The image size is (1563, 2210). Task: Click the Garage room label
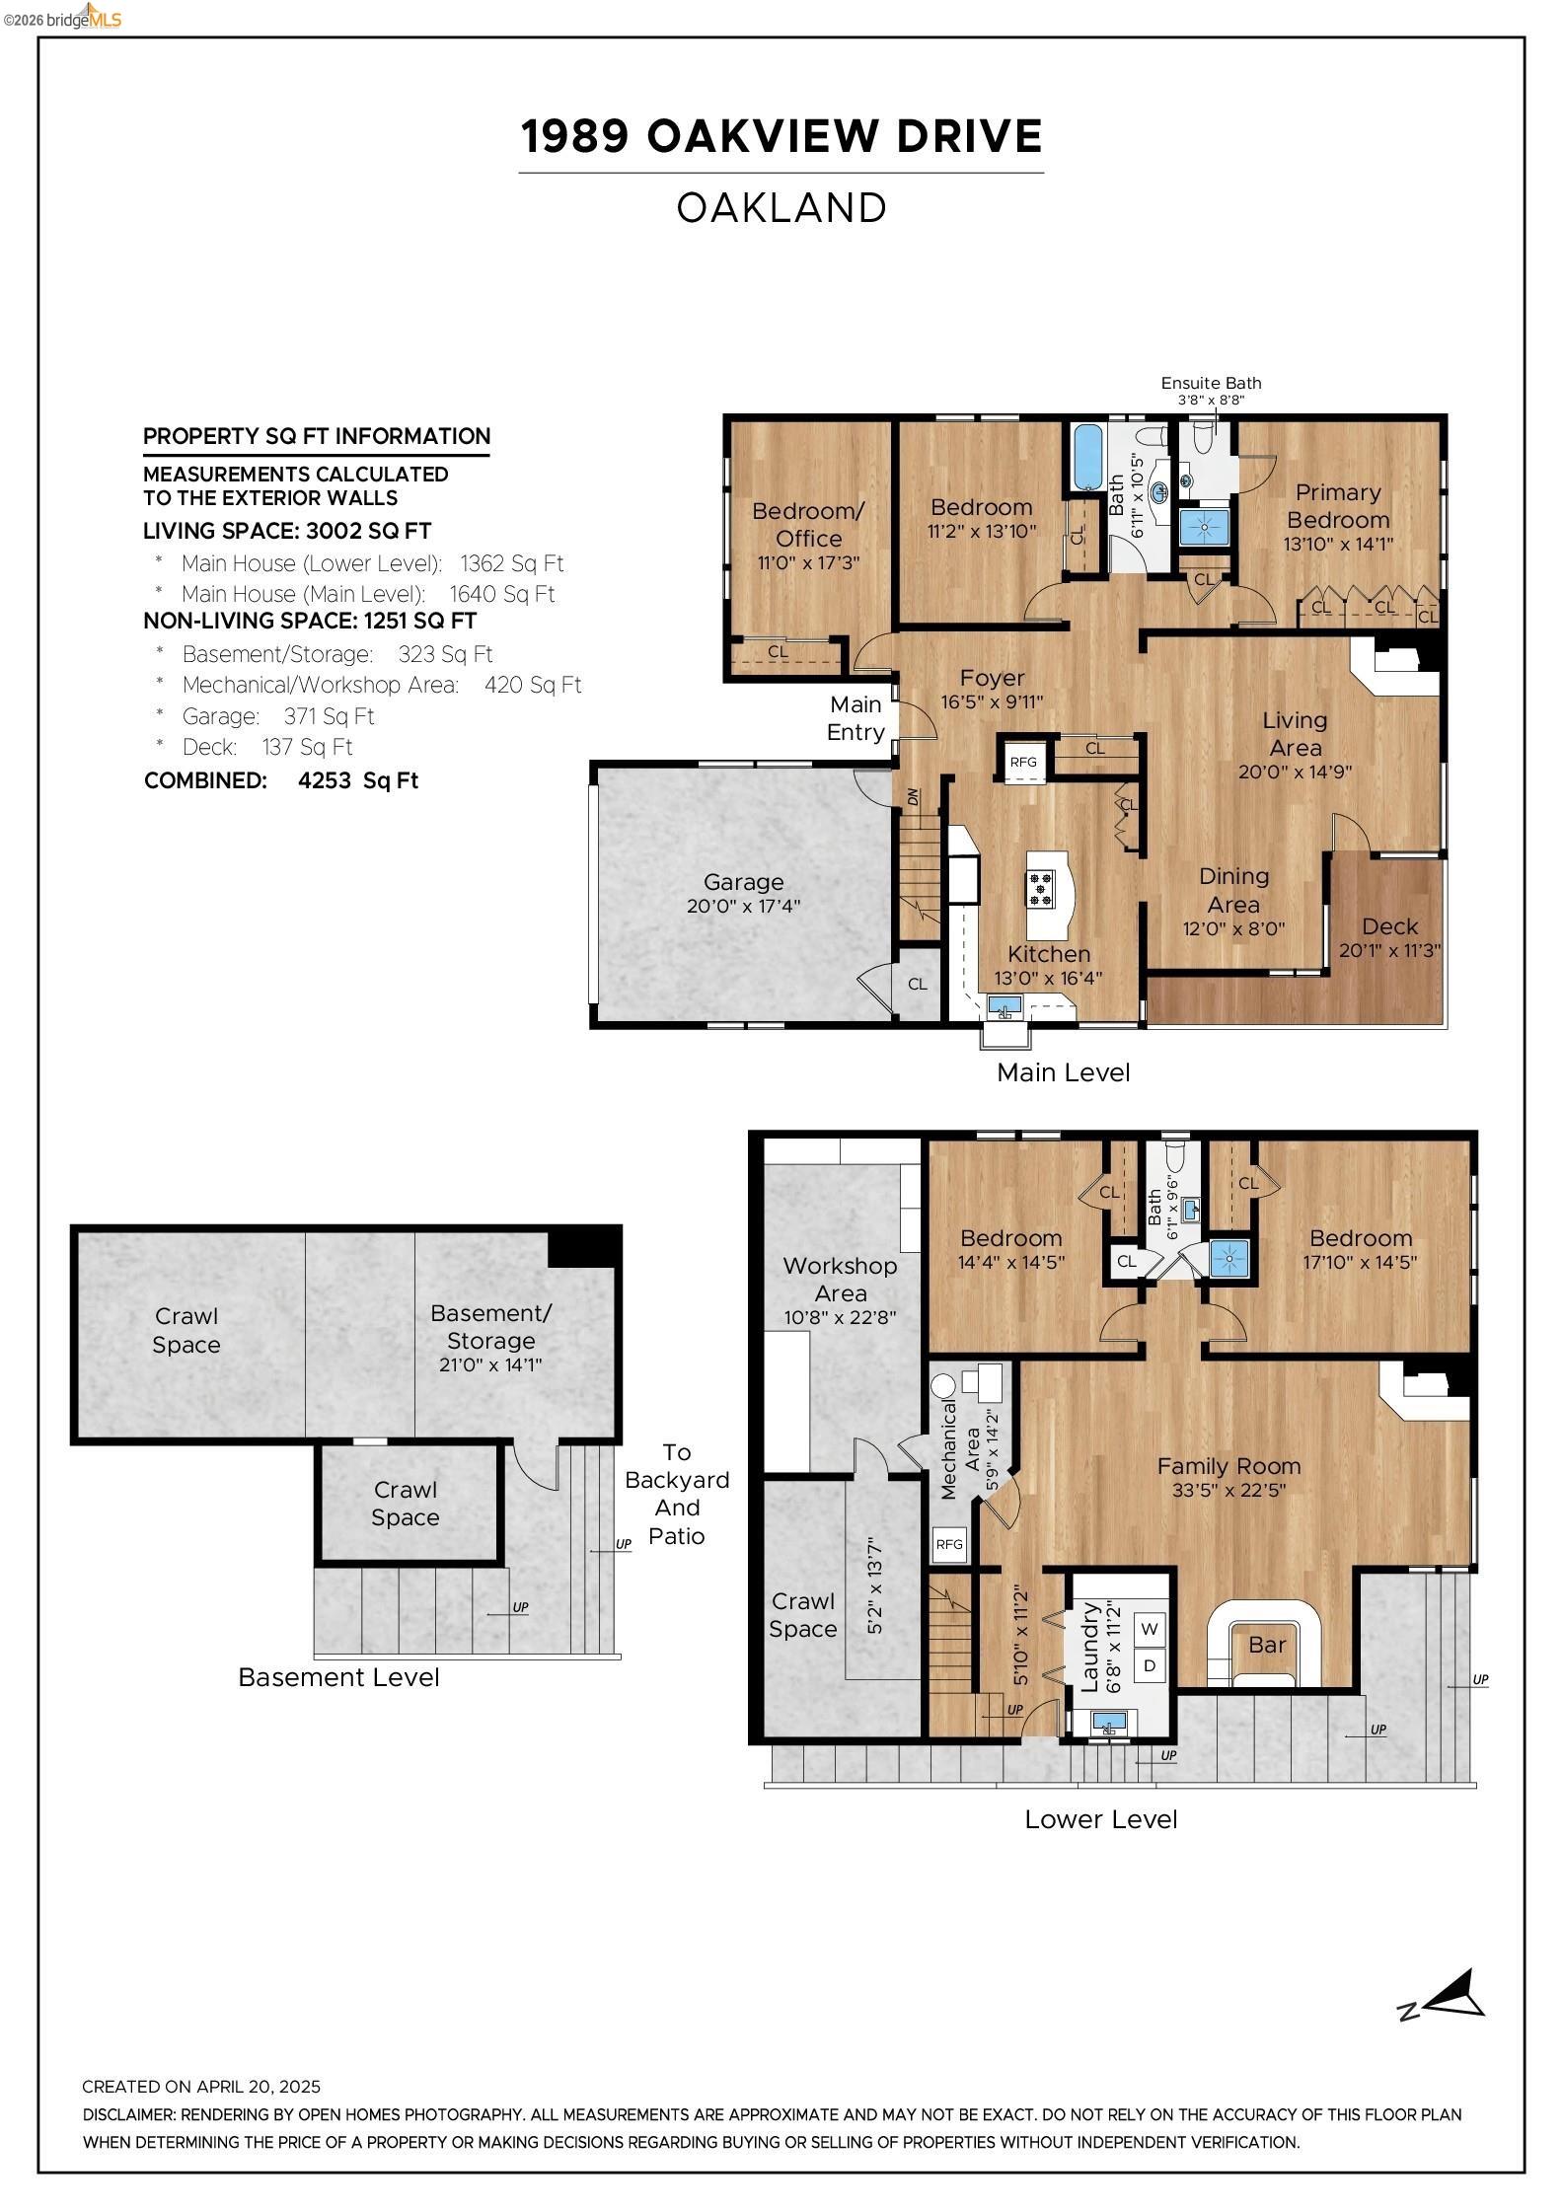[743, 882]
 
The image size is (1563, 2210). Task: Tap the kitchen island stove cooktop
[1040, 889]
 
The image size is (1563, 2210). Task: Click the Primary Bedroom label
[1338, 505]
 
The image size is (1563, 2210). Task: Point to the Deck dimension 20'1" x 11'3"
[1389, 951]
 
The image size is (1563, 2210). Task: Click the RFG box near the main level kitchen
[1023, 762]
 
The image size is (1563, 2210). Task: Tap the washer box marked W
[1150, 1629]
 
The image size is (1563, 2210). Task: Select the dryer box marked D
[1150, 1666]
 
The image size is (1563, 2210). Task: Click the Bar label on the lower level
[1267, 1645]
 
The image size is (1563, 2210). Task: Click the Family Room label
[1228, 1466]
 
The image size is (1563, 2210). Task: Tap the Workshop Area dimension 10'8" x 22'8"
[840, 1317]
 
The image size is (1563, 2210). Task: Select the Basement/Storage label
[490, 1327]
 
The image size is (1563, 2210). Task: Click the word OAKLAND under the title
[781, 208]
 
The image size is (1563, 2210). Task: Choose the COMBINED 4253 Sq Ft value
[357, 780]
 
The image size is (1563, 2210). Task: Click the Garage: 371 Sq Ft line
[278, 716]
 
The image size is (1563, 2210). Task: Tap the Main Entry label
[856, 718]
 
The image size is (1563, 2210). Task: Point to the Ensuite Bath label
[1211, 383]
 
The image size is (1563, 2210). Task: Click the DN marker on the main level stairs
[913, 796]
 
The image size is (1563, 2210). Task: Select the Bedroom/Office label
[807, 524]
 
